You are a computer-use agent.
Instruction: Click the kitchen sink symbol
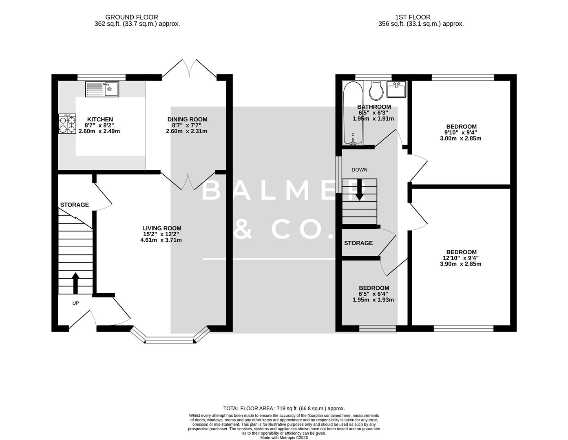pyautogui.click(x=102, y=89)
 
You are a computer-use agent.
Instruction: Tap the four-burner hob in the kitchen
pyautogui.click(x=67, y=123)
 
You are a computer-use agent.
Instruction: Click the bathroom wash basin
pyautogui.click(x=396, y=90)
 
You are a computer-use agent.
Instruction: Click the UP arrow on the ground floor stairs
pyautogui.click(x=75, y=283)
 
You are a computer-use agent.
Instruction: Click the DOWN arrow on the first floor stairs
pyautogui.click(x=359, y=191)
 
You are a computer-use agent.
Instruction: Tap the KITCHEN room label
pyautogui.click(x=100, y=119)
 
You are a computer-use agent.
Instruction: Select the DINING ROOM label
pyautogui.click(x=187, y=119)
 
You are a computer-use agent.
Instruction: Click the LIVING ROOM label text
pyautogui.click(x=161, y=228)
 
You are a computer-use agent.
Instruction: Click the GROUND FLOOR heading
pyautogui.click(x=131, y=17)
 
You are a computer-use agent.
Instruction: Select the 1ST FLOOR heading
pyautogui.click(x=412, y=17)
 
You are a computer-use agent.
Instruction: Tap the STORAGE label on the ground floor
pyautogui.click(x=75, y=205)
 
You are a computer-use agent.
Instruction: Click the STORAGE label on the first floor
pyautogui.click(x=358, y=243)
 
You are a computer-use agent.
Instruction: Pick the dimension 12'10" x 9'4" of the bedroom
pyautogui.click(x=461, y=258)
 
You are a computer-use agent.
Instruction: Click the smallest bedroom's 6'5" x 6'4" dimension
pyautogui.click(x=374, y=294)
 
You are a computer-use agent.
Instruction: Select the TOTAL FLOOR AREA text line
pyautogui.click(x=284, y=408)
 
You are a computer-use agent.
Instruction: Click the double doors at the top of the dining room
pyautogui.click(x=189, y=68)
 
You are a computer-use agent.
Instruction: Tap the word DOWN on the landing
pyautogui.click(x=359, y=169)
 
